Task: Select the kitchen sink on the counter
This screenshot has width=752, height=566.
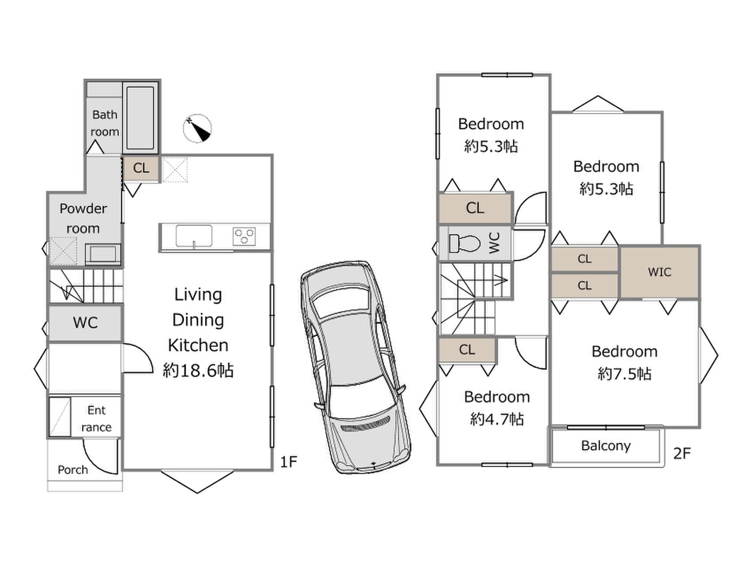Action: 194,236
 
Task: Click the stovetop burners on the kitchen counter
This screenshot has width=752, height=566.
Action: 245,236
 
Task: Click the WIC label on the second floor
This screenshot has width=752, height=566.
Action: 659,272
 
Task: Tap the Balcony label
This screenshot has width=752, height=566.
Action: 606,446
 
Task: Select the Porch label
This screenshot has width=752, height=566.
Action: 73,470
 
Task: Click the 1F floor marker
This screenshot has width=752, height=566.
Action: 288,463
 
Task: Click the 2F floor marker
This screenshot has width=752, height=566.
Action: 681,454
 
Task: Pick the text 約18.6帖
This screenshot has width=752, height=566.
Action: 198,370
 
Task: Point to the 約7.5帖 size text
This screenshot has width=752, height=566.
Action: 625,374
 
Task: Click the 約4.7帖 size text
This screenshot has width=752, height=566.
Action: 497,419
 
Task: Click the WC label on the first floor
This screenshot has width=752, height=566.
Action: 86,323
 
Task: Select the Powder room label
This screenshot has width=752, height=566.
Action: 83,219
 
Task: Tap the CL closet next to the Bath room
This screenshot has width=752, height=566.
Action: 141,168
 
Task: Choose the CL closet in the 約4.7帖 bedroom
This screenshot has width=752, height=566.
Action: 467,350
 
